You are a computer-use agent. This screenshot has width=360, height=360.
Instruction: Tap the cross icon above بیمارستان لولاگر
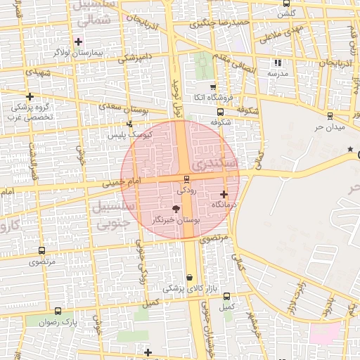[x=79, y=41]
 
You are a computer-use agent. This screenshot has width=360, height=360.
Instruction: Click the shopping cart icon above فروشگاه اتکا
[x=212, y=87]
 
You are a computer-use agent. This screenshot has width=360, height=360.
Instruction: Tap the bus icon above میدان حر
[x=330, y=116]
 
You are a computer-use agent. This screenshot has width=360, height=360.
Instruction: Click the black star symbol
[x=350, y=149]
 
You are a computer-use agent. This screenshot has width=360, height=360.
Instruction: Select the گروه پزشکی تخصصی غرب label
[x=30, y=112]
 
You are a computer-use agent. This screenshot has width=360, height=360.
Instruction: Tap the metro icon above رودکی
[x=186, y=179]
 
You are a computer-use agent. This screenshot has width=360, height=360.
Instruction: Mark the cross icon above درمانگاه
[x=224, y=194]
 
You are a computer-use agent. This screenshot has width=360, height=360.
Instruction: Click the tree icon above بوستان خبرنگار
[x=176, y=208]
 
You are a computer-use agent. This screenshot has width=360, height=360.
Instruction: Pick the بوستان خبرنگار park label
[x=176, y=220]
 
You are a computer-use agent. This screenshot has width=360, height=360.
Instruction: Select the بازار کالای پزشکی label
[x=187, y=288]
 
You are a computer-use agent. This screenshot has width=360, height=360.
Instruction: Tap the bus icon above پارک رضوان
[x=58, y=310]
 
